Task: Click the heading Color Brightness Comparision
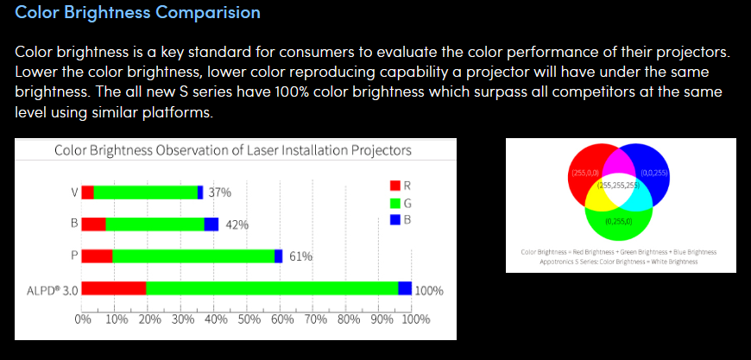click(138, 15)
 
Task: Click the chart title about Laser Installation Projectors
click(232, 150)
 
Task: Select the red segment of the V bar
click(88, 193)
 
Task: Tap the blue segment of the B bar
click(211, 224)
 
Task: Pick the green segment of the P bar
click(193, 256)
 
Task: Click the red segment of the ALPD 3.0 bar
click(114, 288)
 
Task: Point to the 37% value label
click(220, 193)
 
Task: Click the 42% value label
click(237, 224)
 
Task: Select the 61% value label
click(300, 256)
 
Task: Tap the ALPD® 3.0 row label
click(47, 290)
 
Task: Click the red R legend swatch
click(394, 186)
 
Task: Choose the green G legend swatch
click(394, 203)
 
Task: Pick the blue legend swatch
click(394, 219)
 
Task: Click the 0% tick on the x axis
click(83, 318)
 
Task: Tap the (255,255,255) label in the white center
click(617, 185)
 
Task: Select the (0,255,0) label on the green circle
click(618, 221)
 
